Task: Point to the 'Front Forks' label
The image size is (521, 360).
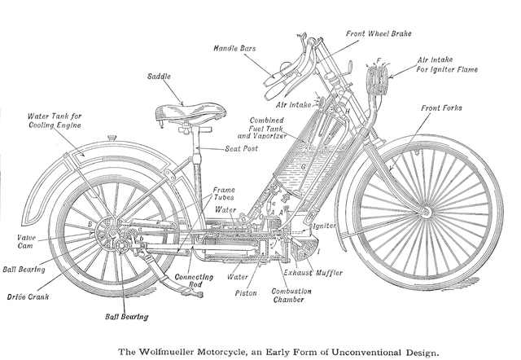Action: click(x=444, y=108)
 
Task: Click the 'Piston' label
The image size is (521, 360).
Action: click(x=246, y=292)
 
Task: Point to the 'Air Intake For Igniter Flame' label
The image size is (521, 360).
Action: click(x=448, y=65)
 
